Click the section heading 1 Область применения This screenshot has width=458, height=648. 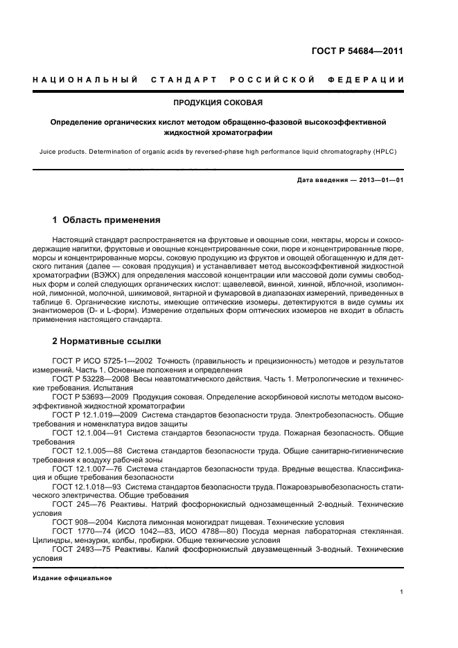click(x=107, y=220)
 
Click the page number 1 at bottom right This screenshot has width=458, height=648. click(x=402, y=592)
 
